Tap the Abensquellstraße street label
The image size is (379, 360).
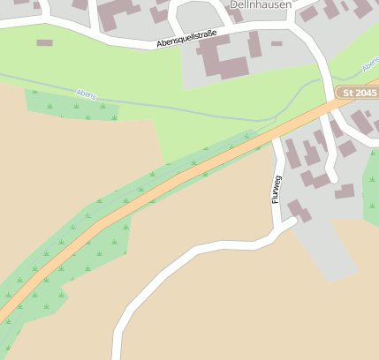[x=186, y=38]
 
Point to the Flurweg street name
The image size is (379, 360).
[x=276, y=189]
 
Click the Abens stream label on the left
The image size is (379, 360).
[x=86, y=94]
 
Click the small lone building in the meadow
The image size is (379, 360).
[x=44, y=42]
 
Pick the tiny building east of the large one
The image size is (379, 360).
[x=277, y=43]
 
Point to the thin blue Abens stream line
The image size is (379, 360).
[x=177, y=108]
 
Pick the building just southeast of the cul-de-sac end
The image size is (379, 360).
[x=345, y=191]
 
